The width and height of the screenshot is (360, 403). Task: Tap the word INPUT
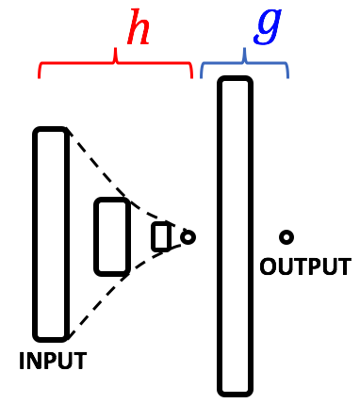click(53, 361)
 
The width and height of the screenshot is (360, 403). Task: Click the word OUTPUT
click(304, 266)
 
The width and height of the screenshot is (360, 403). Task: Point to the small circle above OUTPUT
click(286, 237)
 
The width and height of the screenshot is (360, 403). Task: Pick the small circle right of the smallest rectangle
click(188, 236)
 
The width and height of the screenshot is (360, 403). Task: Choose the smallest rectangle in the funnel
click(161, 236)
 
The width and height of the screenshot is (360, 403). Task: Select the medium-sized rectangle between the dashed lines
click(111, 236)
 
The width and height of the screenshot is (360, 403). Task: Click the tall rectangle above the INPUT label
click(51, 234)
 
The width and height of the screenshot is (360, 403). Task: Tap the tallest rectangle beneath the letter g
click(235, 235)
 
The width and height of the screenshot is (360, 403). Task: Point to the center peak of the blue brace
click(244, 54)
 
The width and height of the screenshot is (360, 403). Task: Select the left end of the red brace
click(40, 75)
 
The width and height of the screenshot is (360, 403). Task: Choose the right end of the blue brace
click(287, 75)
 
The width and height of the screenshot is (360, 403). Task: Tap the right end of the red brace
click(191, 75)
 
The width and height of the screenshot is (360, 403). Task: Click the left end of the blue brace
click(202, 75)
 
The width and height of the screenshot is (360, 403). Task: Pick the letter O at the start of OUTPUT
click(268, 266)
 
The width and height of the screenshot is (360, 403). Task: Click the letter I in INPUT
click(23, 361)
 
